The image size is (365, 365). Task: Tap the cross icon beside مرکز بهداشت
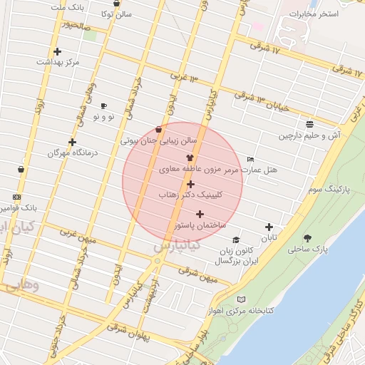(x=57, y=51)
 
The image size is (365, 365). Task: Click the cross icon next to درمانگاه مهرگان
(x=72, y=142)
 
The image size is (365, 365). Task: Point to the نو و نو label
(x=101, y=116)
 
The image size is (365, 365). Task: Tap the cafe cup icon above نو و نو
(x=103, y=106)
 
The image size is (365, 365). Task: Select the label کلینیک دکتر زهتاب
(x=189, y=194)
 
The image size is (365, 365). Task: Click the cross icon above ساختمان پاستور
(x=200, y=214)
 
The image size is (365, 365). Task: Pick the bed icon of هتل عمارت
(x=250, y=159)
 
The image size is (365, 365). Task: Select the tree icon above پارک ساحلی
(x=308, y=238)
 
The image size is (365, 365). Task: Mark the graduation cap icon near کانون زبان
(x=237, y=240)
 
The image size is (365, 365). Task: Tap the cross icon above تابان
(x=269, y=227)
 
